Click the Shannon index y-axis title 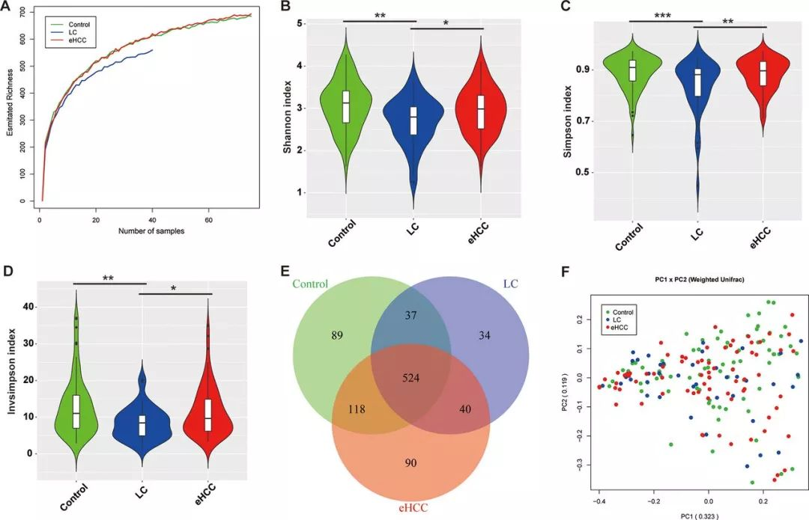[x=287, y=117]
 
